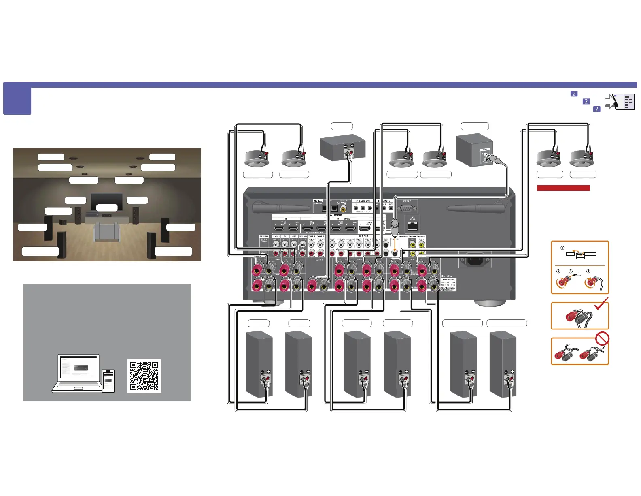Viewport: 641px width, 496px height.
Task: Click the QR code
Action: coord(144,376)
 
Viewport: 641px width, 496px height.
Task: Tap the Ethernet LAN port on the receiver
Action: coord(412,226)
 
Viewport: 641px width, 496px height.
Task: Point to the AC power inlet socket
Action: coord(474,261)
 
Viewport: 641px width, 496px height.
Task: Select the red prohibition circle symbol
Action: coord(602,338)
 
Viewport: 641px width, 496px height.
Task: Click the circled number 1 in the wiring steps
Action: coord(562,248)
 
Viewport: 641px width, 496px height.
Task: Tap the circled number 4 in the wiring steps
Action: coord(588,272)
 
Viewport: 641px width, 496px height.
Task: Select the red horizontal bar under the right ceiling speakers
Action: coord(563,188)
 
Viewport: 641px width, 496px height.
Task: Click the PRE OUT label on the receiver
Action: coord(363,236)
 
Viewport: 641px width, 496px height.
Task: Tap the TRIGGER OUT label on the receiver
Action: coord(363,201)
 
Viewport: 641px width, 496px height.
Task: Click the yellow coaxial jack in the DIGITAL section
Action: coord(343,209)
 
